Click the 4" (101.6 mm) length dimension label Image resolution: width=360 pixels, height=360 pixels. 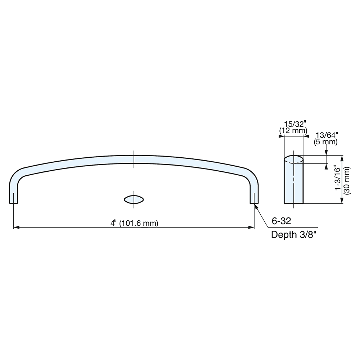click(x=134, y=223)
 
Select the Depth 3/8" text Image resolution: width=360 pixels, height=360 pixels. click(x=294, y=235)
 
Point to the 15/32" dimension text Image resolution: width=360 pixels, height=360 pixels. click(x=294, y=124)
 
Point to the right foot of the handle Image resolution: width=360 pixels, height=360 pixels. click(x=254, y=198)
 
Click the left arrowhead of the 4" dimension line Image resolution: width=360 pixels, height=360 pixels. click(x=16, y=227)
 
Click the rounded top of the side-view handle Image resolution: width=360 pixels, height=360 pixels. click(x=294, y=159)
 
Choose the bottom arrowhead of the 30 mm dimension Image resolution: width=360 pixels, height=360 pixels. click(x=342, y=201)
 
